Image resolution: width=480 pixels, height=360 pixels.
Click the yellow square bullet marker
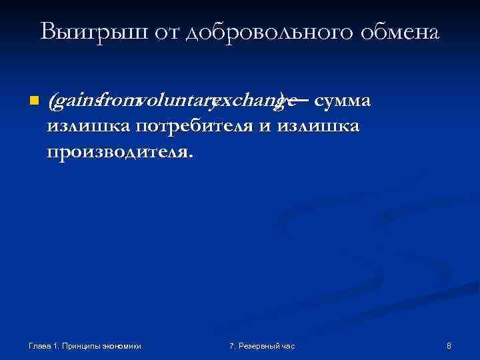pyautogui.click(x=33, y=102)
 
